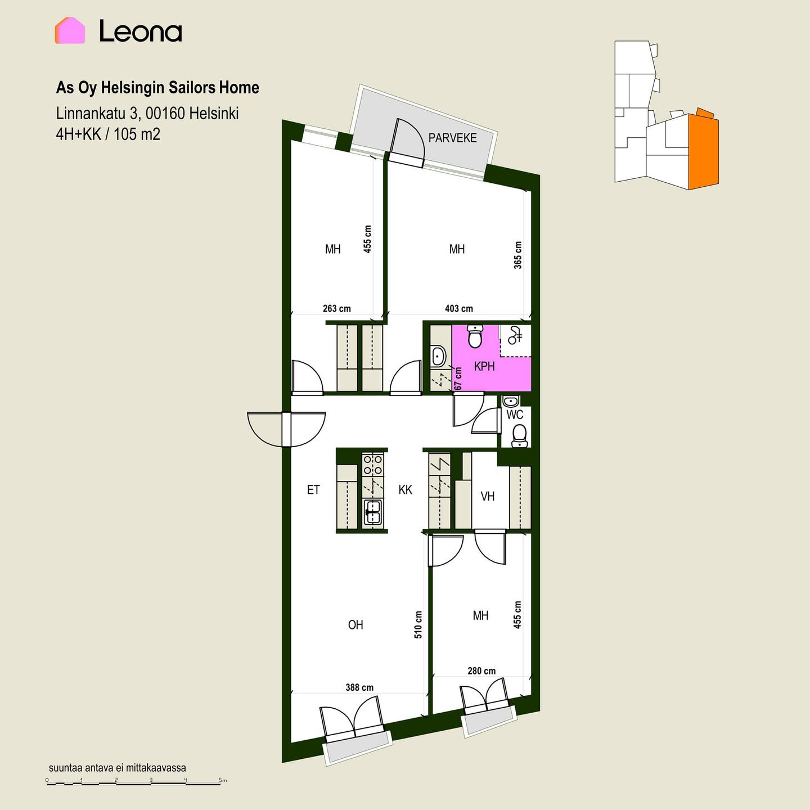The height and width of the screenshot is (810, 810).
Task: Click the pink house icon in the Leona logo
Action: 70,31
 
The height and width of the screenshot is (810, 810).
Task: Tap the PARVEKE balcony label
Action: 452,138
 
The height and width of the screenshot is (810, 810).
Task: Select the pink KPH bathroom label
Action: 484,367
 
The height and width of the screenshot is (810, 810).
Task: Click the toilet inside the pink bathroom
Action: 475,336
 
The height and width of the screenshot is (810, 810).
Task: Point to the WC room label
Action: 515,415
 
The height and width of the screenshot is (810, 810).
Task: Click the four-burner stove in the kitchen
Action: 373,464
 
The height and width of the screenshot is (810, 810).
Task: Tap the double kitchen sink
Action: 373,512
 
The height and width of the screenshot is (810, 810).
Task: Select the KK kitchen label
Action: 405,490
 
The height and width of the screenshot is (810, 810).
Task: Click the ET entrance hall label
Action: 313,490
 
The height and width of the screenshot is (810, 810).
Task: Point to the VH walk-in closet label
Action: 487,497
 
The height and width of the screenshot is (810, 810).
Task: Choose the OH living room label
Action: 355,625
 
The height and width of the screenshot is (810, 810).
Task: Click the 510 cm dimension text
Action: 418,625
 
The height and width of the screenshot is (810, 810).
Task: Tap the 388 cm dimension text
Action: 359,688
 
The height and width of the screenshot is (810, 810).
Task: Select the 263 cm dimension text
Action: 337,309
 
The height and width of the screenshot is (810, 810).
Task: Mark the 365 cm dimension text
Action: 517,255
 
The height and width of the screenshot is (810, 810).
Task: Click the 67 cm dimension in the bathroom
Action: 458,379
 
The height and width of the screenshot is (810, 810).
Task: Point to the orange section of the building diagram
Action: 704,151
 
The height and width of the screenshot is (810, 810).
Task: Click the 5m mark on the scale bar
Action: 223,781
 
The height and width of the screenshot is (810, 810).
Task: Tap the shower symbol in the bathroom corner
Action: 515,336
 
